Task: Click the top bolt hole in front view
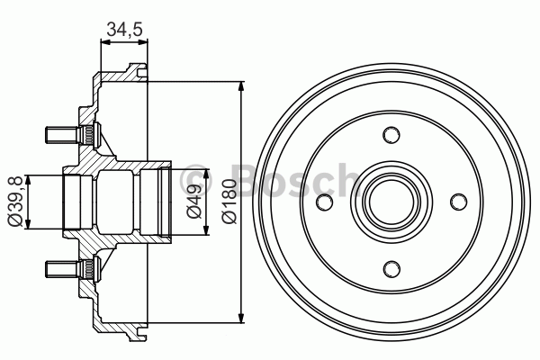click(391, 135)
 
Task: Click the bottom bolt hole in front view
click(391, 267)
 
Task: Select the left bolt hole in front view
click(325, 201)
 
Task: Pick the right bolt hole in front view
click(457, 201)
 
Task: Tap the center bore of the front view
click(391, 201)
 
